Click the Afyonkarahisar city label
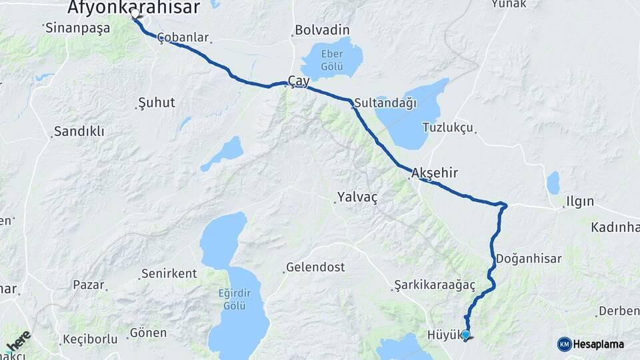coord(133,7)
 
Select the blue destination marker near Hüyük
coord(465,335)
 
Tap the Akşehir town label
coord(435,173)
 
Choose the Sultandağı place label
coord(385,103)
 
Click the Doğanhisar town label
coord(529,259)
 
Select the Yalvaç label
coord(357,197)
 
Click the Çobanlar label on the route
coord(183,38)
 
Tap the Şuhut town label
coord(156,103)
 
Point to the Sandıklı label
coord(79,131)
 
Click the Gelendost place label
coord(315,267)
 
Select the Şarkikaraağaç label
coord(434,285)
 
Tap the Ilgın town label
coord(579,201)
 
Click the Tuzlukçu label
coord(447,127)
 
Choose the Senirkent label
coord(169,274)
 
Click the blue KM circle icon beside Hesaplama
coord(565,344)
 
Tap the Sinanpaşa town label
coord(76,28)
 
